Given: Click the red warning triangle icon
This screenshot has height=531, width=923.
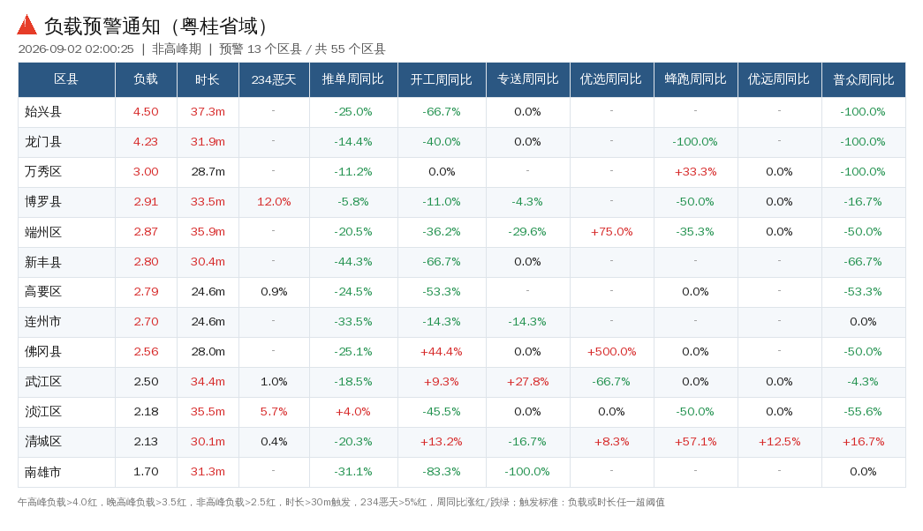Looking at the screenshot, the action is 27,25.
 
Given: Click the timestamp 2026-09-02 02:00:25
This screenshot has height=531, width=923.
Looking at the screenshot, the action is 76,49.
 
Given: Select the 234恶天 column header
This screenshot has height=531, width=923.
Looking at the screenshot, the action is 274,79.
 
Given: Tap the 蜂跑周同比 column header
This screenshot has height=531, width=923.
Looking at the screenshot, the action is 695,79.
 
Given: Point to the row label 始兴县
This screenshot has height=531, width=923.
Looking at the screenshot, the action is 43,112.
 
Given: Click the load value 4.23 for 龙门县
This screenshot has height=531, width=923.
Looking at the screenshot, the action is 146,142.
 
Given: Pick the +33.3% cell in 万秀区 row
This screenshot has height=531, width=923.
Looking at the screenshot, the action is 695,172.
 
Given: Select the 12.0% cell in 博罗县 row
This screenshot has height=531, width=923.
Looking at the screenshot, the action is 274,202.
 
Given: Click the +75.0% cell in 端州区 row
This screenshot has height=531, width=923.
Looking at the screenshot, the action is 611,232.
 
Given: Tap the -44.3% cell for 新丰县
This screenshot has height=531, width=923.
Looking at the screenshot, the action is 353,262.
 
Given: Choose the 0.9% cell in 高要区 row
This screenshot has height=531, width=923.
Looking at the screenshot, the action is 274,292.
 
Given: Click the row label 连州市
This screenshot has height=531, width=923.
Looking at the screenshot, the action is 43,322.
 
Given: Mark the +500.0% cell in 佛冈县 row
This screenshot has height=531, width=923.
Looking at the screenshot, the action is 611,352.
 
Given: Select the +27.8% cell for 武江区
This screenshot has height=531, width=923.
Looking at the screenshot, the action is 527,382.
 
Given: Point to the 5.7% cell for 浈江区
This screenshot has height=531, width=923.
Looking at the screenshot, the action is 274,412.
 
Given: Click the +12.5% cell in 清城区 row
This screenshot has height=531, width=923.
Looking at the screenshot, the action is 779,442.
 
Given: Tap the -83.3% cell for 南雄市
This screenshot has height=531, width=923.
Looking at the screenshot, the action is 442,472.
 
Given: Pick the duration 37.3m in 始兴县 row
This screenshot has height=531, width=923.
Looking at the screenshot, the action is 208,112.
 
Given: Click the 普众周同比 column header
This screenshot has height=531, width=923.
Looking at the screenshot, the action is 864,79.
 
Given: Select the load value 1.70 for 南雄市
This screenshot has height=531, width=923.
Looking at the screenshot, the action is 146,472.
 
